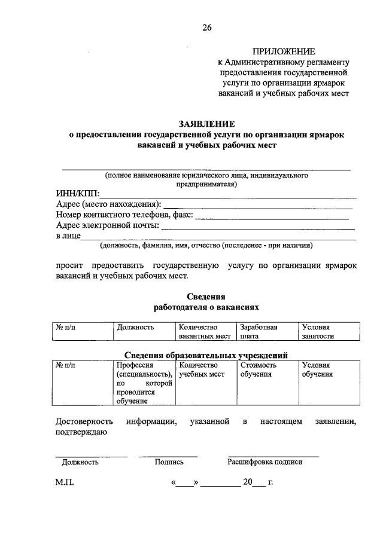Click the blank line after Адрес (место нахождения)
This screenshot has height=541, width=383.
pyautogui.click(x=257, y=206)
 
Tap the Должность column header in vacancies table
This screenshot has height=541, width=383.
pyautogui.click(x=136, y=327)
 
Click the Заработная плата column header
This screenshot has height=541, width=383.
pyautogui.click(x=259, y=331)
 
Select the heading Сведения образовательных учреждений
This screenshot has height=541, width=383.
pyautogui.click(x=206, y=354)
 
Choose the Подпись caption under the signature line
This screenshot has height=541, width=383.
pyautogui.click(x=169, y=462)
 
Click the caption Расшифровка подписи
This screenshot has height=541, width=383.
pyautogui.click(x=265, y=462)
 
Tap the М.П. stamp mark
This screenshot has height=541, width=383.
pyautogui.click(x=64, y=483)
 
